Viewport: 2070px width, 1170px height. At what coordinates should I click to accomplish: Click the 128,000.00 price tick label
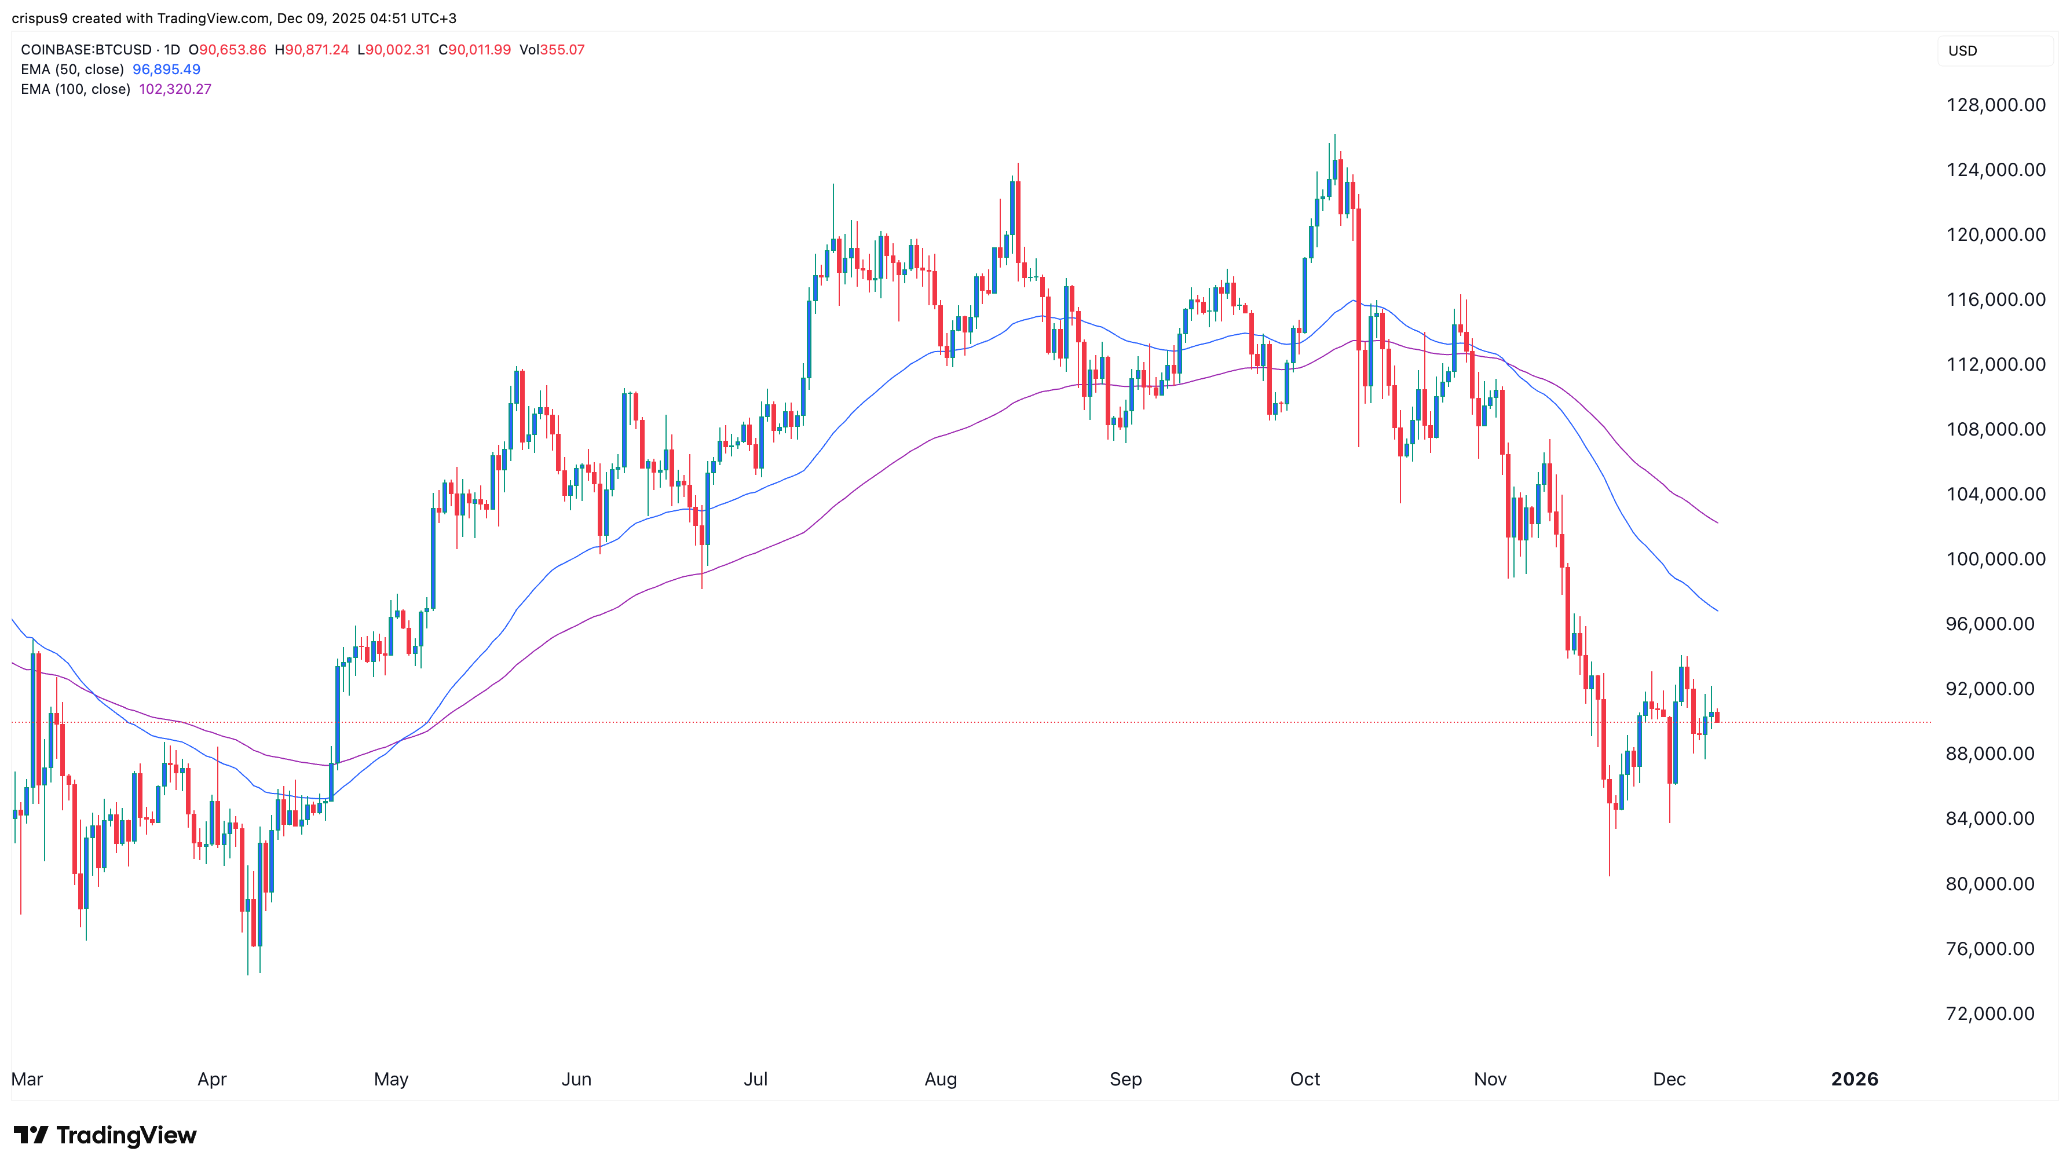click(1995, 105)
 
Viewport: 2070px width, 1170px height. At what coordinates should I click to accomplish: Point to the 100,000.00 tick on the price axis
click(1995, 560)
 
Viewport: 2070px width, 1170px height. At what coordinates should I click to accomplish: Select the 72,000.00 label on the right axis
click(1995, 1014)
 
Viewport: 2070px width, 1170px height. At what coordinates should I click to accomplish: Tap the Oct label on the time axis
click(1304, 1079)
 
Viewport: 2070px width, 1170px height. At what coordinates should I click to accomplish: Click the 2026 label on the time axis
click(1854, 1079)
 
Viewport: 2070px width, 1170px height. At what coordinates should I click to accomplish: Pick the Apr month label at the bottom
click(212, 1079)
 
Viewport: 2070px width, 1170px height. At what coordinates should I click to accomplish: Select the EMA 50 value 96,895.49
click(166, 69)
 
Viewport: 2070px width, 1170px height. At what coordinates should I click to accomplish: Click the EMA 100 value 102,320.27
click(175, 89)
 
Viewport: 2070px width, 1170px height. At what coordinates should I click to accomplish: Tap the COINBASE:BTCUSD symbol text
click(86, 50)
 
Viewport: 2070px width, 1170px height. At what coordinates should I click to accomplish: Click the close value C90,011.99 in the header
click(474, 50)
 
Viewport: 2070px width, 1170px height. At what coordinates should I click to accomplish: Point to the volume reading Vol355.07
click(551, 50)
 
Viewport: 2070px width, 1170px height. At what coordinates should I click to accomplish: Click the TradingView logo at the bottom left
click(105, 1135)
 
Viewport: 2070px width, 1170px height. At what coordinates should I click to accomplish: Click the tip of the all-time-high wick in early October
click(1335, 135)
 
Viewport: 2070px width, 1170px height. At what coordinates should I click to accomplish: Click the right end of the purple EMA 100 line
click(1717, 523)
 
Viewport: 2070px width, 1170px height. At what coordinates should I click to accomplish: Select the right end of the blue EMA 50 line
click(1717, 610)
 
